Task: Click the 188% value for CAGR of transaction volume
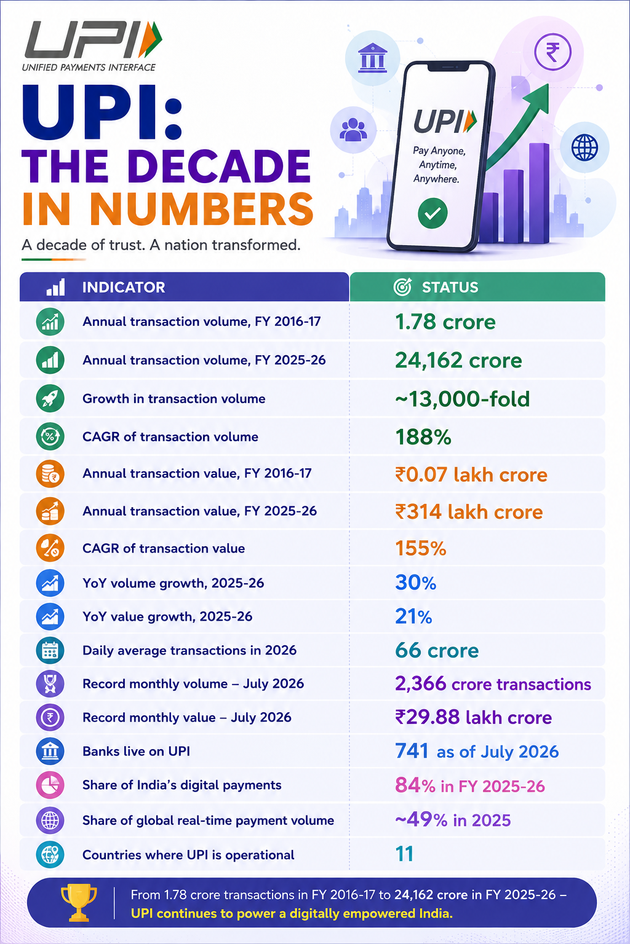pos(423,437)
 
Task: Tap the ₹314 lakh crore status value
pos(469,512)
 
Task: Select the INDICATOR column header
pos(123,288)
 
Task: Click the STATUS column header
pos(450,288)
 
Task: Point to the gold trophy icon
pos(79,902)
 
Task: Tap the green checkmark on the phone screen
pos(433,213)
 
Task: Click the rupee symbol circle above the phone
pos(552,52)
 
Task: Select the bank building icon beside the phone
pos(372,58)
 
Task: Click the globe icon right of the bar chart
pos(584,147)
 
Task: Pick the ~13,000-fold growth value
pos(462,399)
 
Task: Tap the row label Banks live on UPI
pos(137,751)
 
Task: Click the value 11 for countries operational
pos(404,854)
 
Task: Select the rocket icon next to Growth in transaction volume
pos(50,399)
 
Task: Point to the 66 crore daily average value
pos(437,650)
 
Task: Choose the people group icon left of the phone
pos(353,130)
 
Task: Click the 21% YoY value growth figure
pos(413,616)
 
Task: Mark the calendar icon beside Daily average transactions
pos(50,650)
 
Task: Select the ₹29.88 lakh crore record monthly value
pos(474,717)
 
